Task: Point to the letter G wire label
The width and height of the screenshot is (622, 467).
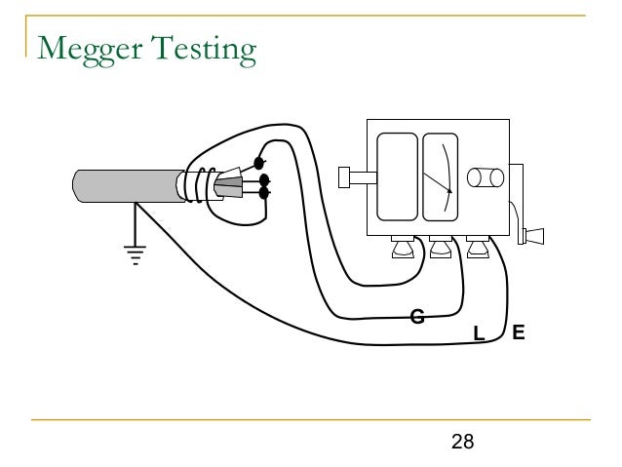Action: [416, 315]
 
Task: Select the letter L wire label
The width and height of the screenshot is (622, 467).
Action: [478, 334]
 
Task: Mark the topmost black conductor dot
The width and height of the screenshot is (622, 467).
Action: [260, 162]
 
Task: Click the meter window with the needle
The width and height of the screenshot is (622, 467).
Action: [440, 179]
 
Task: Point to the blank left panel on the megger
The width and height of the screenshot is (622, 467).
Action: [396, 179]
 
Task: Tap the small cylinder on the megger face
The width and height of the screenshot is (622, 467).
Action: [485, 177]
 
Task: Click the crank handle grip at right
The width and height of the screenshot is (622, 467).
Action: [534, 236]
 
